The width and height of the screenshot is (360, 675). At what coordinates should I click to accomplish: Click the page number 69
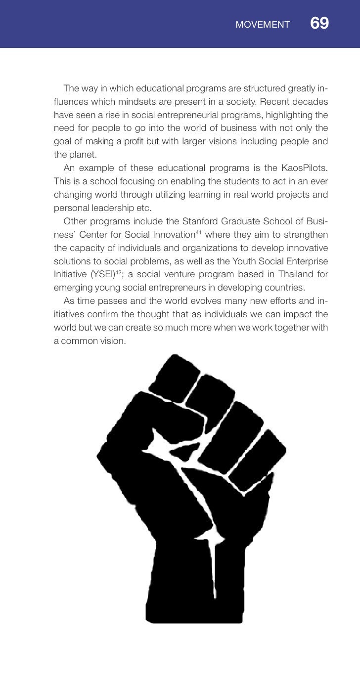tap(319, 23)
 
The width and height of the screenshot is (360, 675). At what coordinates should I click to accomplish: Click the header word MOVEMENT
tap(263, 25)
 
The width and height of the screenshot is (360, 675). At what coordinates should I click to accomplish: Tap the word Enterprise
tap(309, 261)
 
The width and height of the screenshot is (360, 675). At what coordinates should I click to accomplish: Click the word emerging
tap(71, 287)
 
